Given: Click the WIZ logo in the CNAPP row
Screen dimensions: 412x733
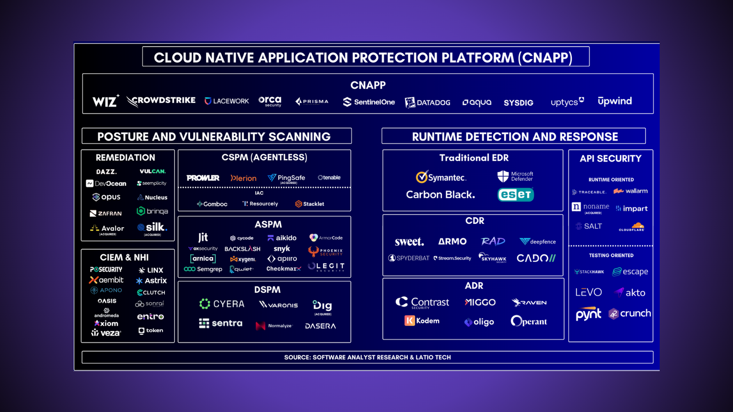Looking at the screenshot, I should point(105,101).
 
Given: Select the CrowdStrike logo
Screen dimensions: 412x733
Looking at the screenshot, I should point(161,101).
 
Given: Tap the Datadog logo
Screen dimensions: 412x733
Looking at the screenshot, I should point(427,103).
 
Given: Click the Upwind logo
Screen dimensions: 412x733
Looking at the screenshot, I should point(614,101).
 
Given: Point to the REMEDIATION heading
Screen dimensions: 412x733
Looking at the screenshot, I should point(125,157).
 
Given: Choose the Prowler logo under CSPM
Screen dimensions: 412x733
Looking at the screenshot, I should point(203,178).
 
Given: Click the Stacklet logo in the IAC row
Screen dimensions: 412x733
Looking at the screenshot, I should point(310,204).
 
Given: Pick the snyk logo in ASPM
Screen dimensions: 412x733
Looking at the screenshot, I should point(282,249).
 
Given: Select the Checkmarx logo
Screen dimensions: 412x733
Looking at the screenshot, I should point(284,269).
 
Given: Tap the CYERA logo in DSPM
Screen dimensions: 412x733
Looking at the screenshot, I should point(222,304).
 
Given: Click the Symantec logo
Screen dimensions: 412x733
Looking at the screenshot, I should point(441,177).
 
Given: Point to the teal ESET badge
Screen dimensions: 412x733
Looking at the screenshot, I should point(515,195).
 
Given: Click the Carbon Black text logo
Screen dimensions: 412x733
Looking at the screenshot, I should point(440,195).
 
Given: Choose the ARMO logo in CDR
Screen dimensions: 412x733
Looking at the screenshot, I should point(452,241).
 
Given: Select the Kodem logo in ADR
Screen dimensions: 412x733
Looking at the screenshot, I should point(422,321).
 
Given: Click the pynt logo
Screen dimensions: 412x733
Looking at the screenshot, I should point(588,314).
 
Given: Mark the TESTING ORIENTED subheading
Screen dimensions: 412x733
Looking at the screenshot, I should point(611,255).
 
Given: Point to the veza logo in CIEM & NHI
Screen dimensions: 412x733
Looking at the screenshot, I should point(106,333).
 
